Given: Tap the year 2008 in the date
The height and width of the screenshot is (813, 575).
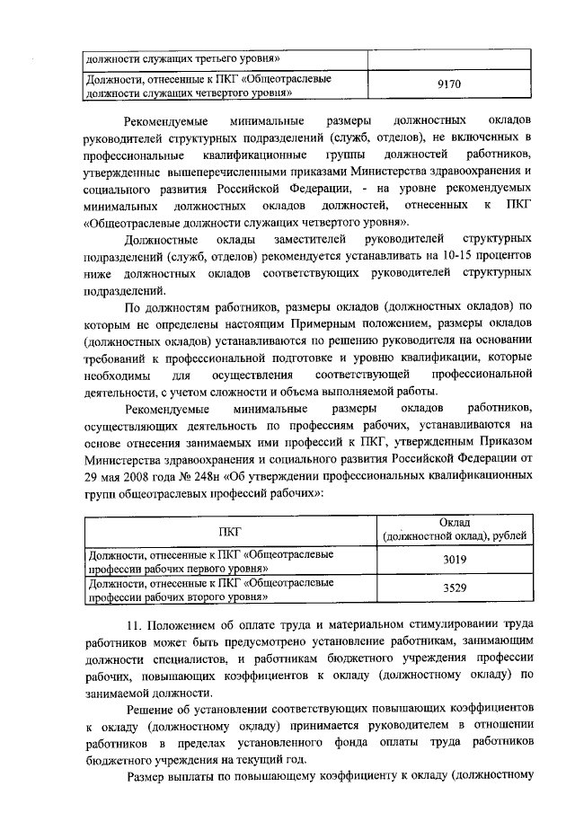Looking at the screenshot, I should coord(132,477).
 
